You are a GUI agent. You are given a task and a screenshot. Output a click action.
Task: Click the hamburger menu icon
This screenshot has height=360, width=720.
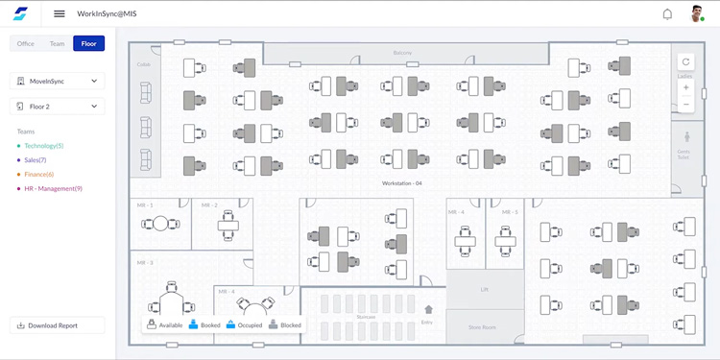[x=60, y=13]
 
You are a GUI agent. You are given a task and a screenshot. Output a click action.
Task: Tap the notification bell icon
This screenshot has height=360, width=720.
[x=667, y=14]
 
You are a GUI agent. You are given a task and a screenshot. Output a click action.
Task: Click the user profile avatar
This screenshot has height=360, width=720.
[x=698, y=13]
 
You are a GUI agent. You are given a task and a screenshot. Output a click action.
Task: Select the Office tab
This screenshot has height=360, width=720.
[x=26, y=43]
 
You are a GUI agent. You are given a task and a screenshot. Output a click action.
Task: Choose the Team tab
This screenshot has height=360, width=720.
[x=58, y=43]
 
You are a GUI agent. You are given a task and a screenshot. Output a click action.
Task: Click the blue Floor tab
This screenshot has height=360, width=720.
[x=89, y=43]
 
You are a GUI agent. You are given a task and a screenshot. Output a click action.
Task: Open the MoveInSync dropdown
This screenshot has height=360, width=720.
[x=58, y=82]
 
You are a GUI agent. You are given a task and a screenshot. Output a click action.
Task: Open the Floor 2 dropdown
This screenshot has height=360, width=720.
[x=58, y=107]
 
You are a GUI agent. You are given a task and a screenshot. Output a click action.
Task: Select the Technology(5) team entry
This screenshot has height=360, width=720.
[x=43, y=146]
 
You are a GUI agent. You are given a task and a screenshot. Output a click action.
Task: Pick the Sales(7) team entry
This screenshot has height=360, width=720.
[x=35, y=160]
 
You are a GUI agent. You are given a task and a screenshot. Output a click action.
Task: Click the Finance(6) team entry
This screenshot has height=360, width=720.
[x=38, y=175]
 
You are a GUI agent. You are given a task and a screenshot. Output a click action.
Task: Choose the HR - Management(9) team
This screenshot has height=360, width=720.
[x=53, y=189]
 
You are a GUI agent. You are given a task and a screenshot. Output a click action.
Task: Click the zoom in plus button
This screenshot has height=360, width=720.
[x=685, y=87]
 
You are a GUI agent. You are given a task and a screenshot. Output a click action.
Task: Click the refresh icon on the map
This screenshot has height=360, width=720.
[x=685, y=62]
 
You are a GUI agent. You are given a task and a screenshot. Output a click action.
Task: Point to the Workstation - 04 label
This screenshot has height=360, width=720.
[x=402, y=182]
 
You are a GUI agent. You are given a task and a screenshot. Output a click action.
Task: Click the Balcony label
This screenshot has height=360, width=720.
[x=402, y=53]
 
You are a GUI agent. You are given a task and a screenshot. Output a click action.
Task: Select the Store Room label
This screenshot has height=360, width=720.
[x=482, y=327]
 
